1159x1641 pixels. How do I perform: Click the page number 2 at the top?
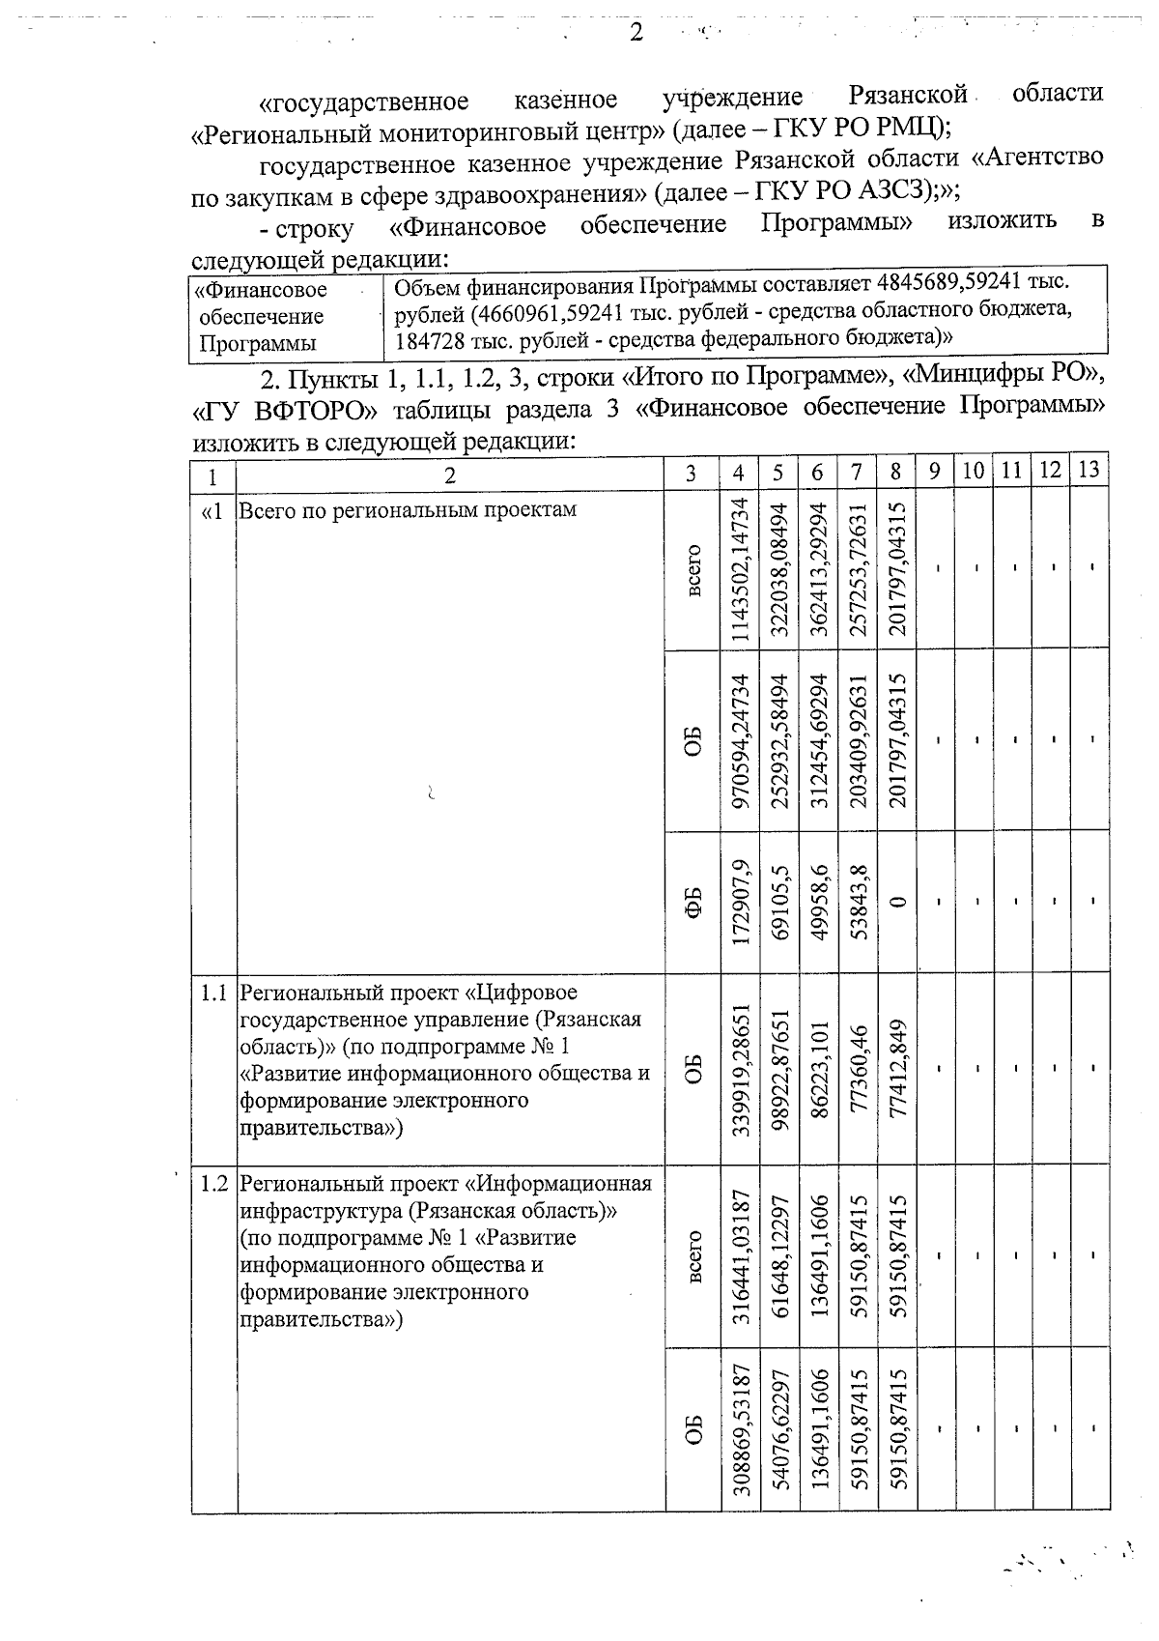tap(636, 33)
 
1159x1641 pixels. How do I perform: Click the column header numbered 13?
tap(1088, 471)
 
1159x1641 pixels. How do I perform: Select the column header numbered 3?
tap(691, 474)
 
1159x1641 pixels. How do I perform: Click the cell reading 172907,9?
tap(739, 900)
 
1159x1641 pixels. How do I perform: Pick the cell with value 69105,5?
tap(779, 900)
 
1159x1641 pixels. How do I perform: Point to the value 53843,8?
tap(858, 900)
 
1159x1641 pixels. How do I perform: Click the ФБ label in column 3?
tap(692, 900)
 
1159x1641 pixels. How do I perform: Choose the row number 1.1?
tap(213, 992)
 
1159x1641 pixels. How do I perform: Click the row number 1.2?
tap(213, 1183)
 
